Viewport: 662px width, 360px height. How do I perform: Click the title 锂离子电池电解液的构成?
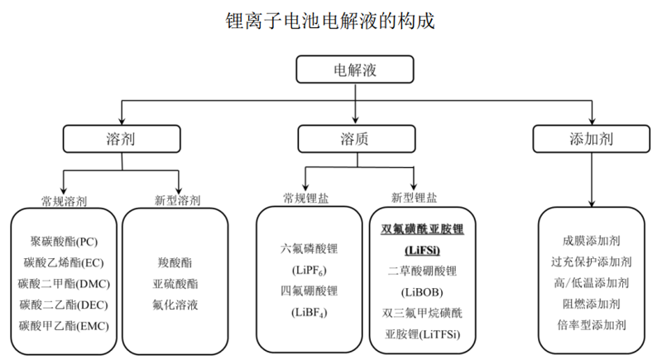[x=330, y=21]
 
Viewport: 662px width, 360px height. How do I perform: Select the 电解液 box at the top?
[x=355, y=70]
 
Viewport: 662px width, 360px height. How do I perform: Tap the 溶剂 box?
[x=122, y=139]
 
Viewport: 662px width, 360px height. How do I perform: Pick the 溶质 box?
[x=357, y=139]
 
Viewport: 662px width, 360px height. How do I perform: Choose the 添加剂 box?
[x=591, y=139]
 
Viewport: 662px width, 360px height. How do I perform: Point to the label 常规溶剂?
[x=65, y=201]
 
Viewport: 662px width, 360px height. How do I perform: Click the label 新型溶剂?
[x=177, y=200]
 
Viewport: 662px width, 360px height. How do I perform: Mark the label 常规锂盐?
[x=305, y=199]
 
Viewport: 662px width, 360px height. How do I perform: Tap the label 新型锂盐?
[x=414, y=198]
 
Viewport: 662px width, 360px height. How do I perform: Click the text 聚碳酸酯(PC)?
[x=65, y=242]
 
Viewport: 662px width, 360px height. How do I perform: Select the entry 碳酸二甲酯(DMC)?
[x=65, y=284]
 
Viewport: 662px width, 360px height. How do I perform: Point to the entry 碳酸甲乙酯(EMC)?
[x=65, y=326]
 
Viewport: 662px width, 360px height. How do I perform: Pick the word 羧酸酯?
[x=175, y=263]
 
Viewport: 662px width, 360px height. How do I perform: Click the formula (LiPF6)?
[x=309, y=271]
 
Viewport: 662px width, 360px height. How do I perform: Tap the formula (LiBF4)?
[x=309, y=313]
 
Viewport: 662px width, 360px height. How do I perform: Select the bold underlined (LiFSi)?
[x=422, y=250]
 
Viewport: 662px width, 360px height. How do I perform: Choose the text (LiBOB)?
[x=422, y=292]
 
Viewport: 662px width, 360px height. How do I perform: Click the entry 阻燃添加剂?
[x=591, y=304]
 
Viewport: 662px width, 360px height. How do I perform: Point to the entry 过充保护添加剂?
[x=591, y=262]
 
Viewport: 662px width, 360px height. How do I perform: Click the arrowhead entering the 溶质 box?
[x=356, y=120]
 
